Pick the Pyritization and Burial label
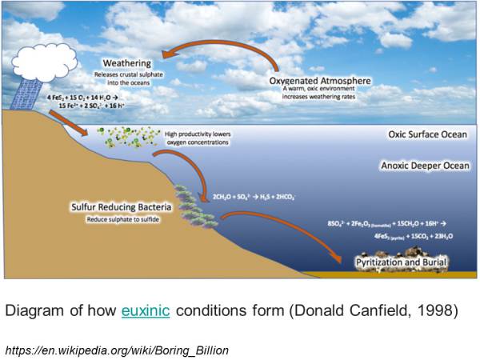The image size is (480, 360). [402, 262]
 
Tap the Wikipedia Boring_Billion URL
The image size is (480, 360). [118, 348]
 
